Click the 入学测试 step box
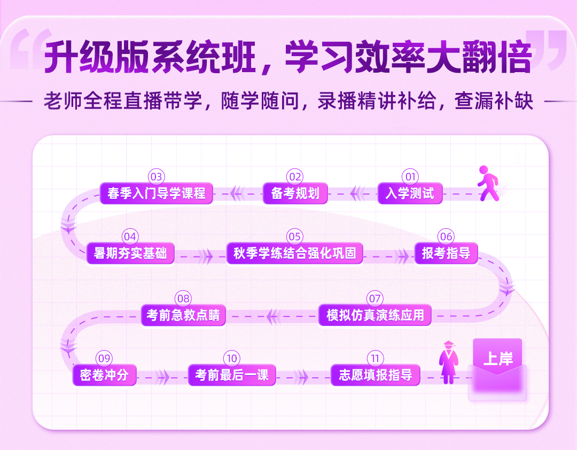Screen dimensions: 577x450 pos(410,193)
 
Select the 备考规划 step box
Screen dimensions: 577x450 pos(295,193)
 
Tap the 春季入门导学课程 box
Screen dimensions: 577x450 pos(157,193)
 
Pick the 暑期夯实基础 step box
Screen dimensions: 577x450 pos(130,253)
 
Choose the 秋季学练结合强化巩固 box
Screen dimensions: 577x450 pos(295,253)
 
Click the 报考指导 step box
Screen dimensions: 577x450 pos(446,253)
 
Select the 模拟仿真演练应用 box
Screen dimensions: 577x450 pos(375,315)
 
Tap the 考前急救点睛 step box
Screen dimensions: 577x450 pos(183,315)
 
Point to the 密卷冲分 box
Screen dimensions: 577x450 pos(105,375)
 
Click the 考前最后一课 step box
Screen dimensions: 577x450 pos(232,375)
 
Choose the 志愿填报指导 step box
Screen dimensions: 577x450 pos(376,375)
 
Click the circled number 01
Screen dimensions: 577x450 pos(410,177)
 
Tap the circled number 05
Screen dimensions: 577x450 pos(295,236)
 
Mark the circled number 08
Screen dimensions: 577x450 pos(183,298)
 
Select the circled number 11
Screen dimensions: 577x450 pos(376,358)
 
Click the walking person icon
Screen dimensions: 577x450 pos(488,183)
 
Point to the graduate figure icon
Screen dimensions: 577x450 pos(449,362)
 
